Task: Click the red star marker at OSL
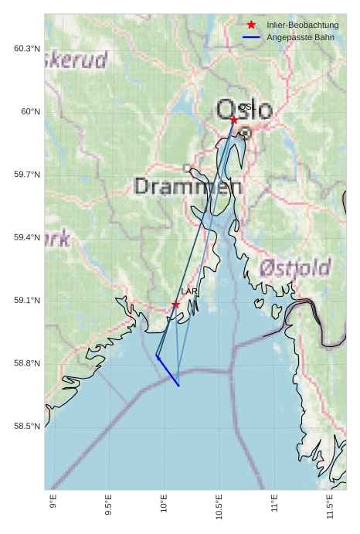[x=234, y=120]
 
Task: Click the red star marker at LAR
[x=176, y=305]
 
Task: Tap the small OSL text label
[x=246, y=107]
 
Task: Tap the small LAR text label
[x=188, y=291]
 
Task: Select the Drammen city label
[x=188, y=186]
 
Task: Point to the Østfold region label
[x=295, y=268]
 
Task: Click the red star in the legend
[x=251, y=26]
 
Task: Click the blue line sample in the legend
[x=251, y=37]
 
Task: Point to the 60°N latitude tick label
[x=30, y=112]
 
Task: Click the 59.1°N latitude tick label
[x=27, y=301]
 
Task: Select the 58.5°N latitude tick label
[x=27, y=427]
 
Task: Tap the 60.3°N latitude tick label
[x=27, y=49]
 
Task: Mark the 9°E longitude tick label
[x=53, y=504]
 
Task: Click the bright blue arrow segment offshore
[x=168, y=371]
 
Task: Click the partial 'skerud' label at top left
[x=76, y=60]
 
